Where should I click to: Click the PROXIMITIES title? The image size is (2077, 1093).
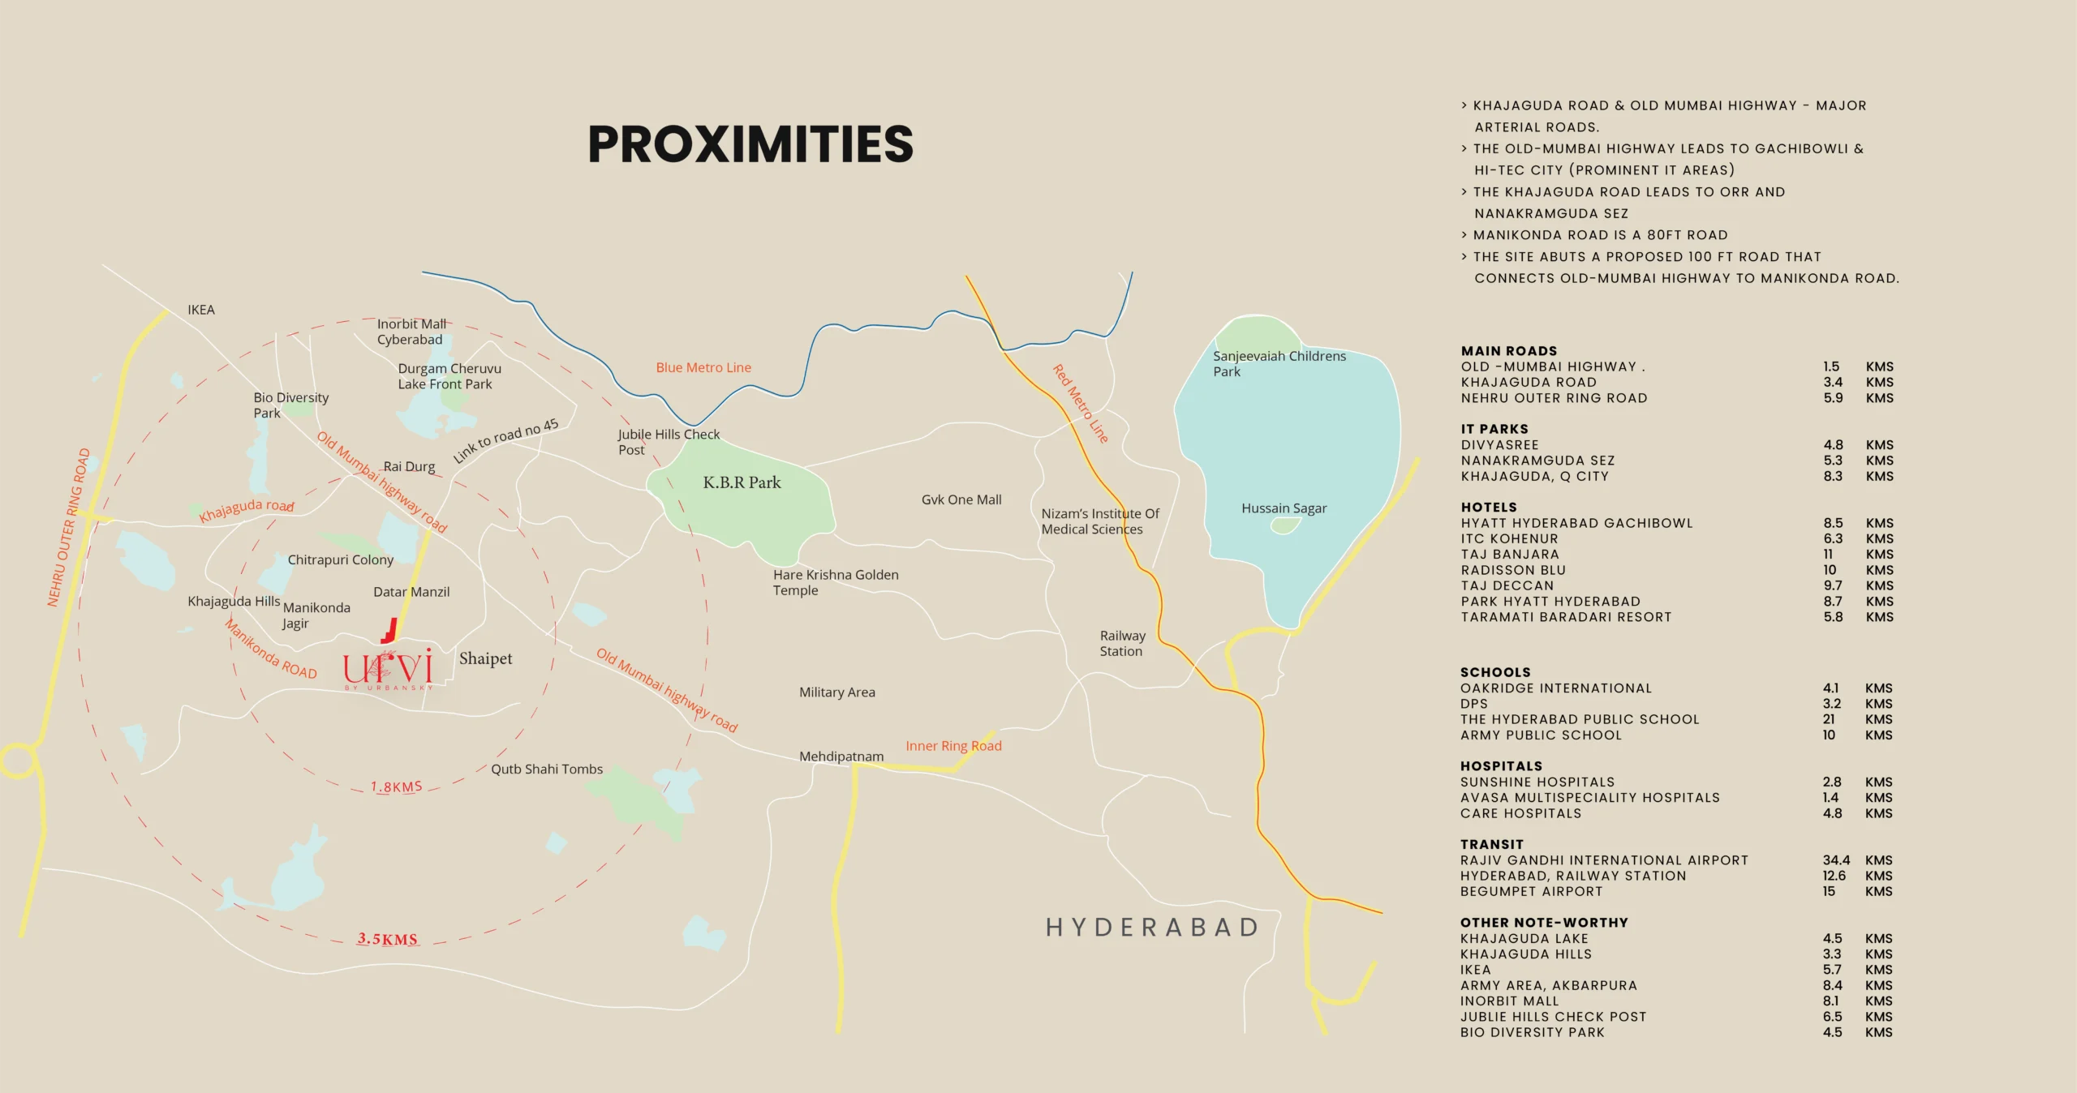750,144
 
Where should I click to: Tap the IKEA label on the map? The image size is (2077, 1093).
201,310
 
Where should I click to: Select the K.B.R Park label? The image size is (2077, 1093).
742,482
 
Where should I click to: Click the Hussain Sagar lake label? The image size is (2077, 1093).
1284,508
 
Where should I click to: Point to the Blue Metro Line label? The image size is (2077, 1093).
703,367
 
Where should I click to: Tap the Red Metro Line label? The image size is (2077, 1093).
1080,403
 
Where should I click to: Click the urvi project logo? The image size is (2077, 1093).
388,668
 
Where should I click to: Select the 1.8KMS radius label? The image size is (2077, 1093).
396,787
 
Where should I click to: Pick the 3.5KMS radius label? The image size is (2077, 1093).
388,939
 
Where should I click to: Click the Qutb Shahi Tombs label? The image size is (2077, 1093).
547,769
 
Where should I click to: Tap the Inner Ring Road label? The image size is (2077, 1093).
953,746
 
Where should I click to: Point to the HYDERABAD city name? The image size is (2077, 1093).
1152,927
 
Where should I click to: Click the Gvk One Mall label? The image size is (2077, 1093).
961,499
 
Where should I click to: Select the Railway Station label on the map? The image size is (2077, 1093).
1122,643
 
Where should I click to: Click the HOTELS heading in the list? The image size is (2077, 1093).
1489,507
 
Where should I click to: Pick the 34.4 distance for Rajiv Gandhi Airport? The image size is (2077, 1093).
1836,860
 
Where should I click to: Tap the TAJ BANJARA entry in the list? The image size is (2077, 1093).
1510,555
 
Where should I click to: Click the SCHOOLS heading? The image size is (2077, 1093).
1495,672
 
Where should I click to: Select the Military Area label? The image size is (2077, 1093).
836,692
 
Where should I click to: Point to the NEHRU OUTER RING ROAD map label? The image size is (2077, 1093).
68,528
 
